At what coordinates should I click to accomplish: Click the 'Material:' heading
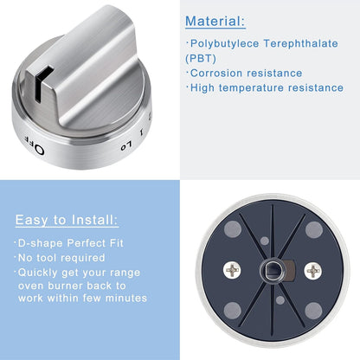215,21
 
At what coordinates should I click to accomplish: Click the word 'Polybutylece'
225,43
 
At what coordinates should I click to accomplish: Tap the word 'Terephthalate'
300,43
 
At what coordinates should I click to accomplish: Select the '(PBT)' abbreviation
201,59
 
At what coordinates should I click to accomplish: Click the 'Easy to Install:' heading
67,220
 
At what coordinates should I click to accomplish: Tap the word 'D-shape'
41,243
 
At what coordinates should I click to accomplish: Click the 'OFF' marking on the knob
34,145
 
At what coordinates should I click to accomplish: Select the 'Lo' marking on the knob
126,145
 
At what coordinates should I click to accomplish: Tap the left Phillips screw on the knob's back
232,271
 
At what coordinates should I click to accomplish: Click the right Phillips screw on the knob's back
312,271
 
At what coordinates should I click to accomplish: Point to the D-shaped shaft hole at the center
272,271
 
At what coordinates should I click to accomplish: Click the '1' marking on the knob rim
141,132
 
